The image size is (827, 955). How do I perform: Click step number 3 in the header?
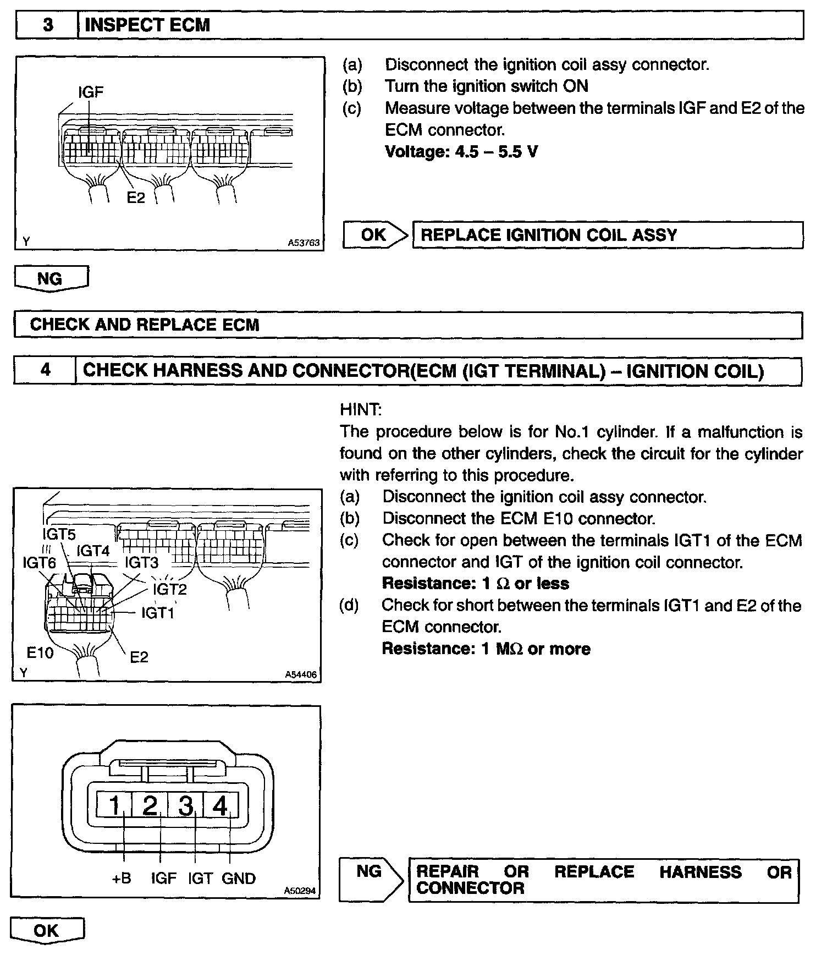click(x=48, y=25)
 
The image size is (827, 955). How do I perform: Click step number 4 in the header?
click(x=45, y=370)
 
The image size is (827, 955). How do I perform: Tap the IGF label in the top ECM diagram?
click(x=91, y=91)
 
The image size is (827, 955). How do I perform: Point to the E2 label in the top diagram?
click(x=136, y=197)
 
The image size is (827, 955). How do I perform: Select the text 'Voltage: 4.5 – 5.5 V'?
click(x=461, y=151)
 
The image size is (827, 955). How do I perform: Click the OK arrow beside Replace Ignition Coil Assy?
click(x=376, y=235)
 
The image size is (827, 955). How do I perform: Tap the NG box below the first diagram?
click(x=51, y=278)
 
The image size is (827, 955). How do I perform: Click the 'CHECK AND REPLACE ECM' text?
click(x=145, y=325)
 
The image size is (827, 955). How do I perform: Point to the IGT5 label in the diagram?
click(x=59, y=534)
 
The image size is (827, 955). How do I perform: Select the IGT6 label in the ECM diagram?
click(x=39, y=562)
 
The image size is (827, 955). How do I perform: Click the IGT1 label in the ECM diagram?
click(x=157, y=612)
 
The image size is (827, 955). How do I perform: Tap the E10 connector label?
click(x=40, y=652)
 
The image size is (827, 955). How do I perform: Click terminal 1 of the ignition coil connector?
click(x=114, y=806)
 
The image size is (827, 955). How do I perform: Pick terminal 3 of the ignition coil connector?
click(x=186, y=806)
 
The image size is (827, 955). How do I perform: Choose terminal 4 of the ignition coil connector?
click(x=220, y=806)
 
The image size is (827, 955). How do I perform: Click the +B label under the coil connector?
click(x=122, y=879)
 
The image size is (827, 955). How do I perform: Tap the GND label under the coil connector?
click(x=239, y=879)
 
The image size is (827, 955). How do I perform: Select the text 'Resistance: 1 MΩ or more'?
click(x=486, y=649)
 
